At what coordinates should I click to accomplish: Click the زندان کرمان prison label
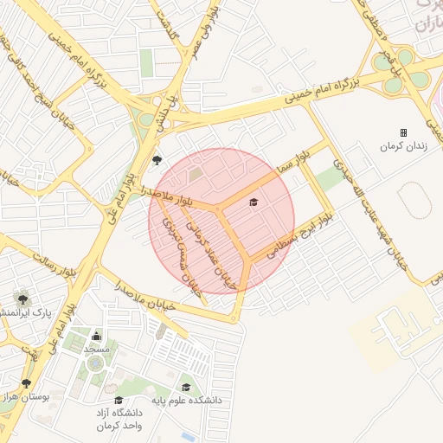click(x=404, y=147)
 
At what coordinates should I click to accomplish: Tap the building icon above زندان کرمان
click(x=403, y=132)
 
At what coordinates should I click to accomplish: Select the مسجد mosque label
click(x=96, y=349)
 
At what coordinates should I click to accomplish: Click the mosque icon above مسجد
click(x=96, y=336)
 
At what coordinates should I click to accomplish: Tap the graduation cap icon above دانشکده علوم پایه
click(x=186, y=388)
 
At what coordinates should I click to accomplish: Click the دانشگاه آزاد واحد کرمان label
click(x=119, y=420)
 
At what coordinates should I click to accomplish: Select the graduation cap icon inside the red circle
click(x=254, y=202)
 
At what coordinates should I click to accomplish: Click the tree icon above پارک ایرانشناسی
click(x=22, y=298)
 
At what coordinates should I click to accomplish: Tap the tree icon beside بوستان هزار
click(x=27, y=383)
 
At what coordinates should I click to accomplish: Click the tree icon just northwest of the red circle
click(x=157, y=160)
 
